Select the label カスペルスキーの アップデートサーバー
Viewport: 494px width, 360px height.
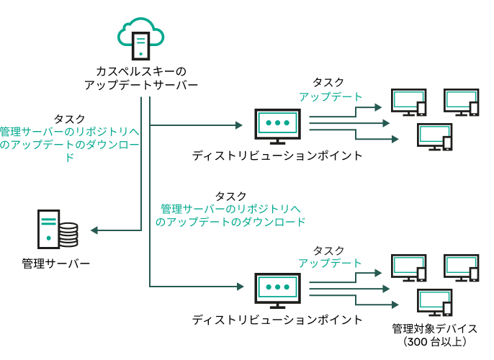pos(140,78)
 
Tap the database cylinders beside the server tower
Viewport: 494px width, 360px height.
pos(68,233)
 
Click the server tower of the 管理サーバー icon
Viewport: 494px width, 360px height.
pos(48,228)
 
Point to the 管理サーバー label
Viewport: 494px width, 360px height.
pos(56,264)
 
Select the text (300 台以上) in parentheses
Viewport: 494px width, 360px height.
pos(435,341)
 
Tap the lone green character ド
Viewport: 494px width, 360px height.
pos(69,158)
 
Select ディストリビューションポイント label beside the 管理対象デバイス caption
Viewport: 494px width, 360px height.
pos(277,319)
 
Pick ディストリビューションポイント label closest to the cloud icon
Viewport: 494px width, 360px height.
pos(277,155)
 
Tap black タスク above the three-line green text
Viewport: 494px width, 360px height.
pos(69,119)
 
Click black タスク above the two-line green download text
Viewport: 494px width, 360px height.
pos(230,196)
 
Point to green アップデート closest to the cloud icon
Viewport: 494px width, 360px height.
pos(331,96)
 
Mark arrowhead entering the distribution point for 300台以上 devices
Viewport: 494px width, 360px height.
pos(239,287)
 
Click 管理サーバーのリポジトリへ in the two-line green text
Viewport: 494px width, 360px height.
pos(230,209)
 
